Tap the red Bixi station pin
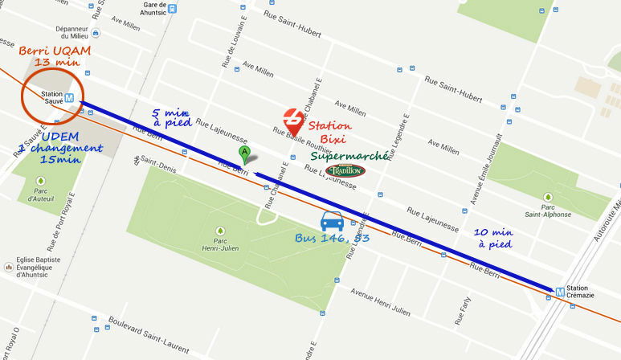(294, 121)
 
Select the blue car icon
(332, 221)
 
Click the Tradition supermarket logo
(346, 170)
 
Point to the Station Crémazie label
(577, 292)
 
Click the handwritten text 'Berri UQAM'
(55, 51)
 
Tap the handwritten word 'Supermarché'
(350, 155)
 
